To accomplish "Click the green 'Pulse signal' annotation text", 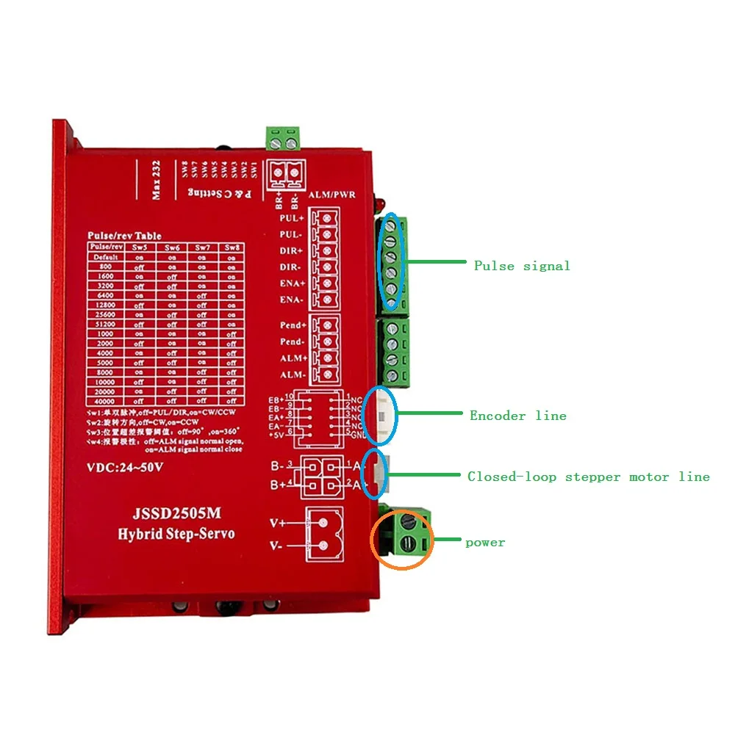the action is tap(522, 266).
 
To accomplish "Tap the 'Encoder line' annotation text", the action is tap(518, 416).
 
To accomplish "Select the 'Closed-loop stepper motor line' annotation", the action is tap(589, 477).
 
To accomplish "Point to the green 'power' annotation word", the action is tap(485, 543).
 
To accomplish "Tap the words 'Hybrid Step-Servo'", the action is tap(176, 534).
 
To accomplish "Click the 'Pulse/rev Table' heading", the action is tap(125, 236).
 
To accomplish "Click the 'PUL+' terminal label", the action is tap(292, 218).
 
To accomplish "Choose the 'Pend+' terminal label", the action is tap(293, 325).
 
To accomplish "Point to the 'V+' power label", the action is tap(278, 524).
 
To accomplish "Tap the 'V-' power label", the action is tap(278, 546).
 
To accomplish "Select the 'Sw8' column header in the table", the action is tap(231, 247).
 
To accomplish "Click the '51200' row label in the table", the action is tap(101, 324).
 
